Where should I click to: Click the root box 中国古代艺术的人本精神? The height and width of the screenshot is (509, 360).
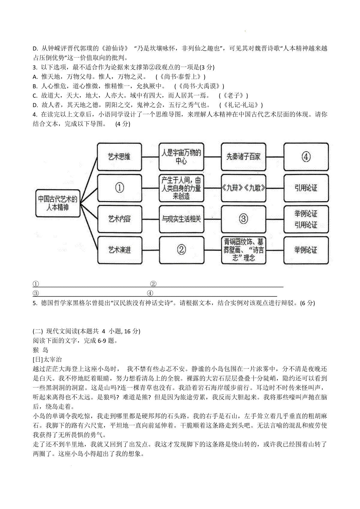pos(58,203)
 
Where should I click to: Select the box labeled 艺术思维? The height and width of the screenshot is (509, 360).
pos(119,157)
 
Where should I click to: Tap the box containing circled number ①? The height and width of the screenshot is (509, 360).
pos(120,188)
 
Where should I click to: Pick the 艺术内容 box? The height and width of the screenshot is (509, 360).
pos(120,219)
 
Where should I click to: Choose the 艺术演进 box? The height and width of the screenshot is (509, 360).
pos(120,250)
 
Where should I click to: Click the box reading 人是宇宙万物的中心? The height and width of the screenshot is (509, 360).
pos(181,157)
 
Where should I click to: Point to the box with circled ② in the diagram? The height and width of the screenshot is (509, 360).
pos(181,250)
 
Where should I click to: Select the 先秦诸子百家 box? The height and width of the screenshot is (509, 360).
pos(243,157)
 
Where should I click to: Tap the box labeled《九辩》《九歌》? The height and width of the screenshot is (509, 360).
pos(243,188)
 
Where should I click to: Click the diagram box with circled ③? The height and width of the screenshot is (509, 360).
pos(243,219)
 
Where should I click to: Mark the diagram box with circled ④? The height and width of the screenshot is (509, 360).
pos(306,157)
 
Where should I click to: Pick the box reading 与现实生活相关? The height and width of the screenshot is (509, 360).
pos(181,219)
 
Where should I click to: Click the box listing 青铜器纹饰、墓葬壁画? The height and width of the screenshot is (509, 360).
pos(243,250)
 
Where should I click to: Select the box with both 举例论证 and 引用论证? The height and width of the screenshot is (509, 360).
pos(306,219)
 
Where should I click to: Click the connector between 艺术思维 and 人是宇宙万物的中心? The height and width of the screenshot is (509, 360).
pos(150,157)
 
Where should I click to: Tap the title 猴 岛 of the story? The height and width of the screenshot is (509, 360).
pos(40,350)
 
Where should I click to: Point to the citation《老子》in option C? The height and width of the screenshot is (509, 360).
pos(234,96)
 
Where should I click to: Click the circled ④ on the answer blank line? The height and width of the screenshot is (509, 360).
pos(150,293)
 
